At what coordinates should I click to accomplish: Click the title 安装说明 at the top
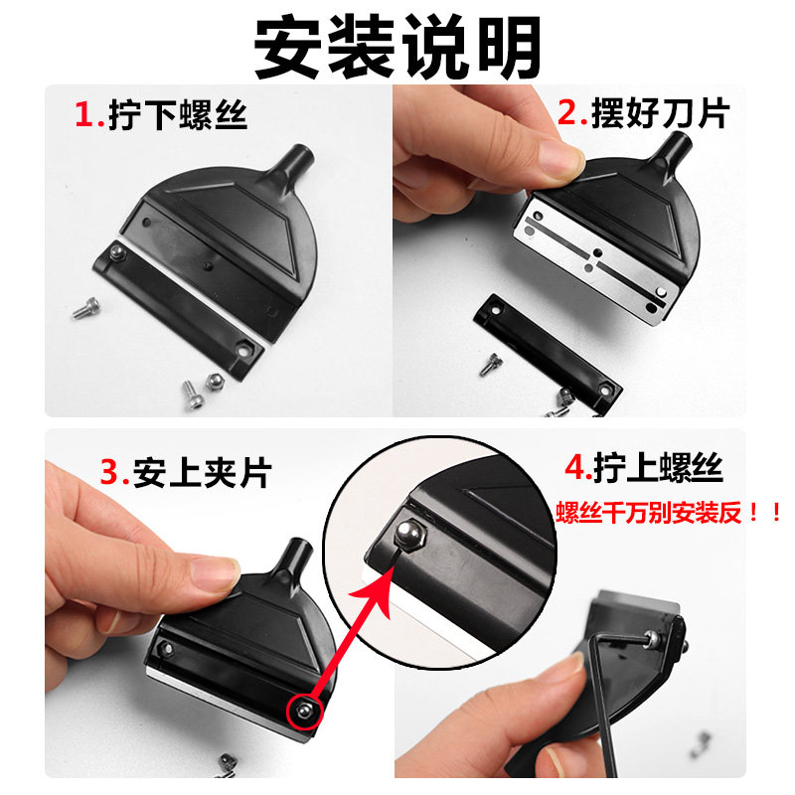point(397,47)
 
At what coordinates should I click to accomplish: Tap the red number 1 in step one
point(84,114)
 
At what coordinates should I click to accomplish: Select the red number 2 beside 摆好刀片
point(568,112)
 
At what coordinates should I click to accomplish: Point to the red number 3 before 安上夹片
point(110,472)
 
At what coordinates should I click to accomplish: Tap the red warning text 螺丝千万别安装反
point(649,513)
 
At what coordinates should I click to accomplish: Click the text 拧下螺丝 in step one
point(178,115)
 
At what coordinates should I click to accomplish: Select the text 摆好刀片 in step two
point(661,112)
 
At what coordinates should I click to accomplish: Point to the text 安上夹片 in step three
point(203,473)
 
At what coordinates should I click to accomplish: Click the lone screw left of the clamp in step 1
point(85,308)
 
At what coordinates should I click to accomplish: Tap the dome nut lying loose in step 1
point(214,382)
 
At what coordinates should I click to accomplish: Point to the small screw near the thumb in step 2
point(489,365)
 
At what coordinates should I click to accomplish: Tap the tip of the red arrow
point(395,564)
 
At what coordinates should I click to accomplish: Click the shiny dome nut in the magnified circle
point(409,533)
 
